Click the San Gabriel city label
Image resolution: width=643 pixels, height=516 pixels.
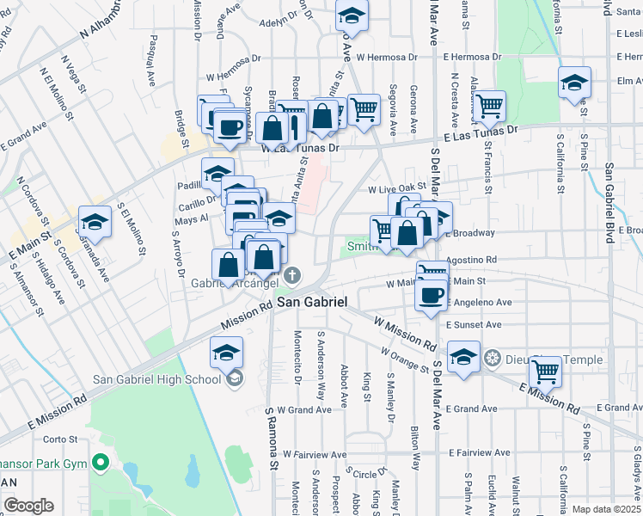tap(311, 303)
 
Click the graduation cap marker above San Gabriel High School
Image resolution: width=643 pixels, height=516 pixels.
tap(226, 353)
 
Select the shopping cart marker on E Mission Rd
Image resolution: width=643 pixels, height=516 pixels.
tap(545, 372)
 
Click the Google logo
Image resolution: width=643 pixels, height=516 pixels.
tap(28, 506)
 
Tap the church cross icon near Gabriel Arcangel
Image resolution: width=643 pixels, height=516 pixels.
tap(292, 276)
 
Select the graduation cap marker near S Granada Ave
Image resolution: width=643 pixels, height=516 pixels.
tap(95, 222)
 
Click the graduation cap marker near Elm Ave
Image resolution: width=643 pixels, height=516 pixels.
tap(574, 83)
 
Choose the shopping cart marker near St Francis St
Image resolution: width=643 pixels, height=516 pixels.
tap(489, 107)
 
